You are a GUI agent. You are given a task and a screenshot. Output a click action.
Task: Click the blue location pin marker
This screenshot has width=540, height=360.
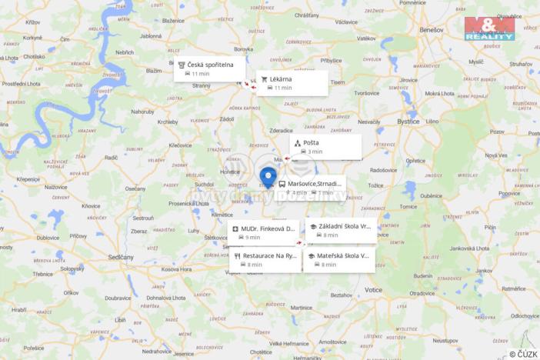click(x=268, y=176)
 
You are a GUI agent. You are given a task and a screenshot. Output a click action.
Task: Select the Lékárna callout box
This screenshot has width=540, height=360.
click(x=292, y=83)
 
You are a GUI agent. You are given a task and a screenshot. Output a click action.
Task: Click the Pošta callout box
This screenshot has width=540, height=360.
click(x=325, y=147)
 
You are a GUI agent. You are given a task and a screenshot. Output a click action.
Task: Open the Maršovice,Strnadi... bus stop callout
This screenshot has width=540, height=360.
click(x=311, y=188)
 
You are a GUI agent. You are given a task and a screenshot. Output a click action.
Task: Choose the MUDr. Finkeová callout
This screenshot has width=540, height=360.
click(x=263, y=232)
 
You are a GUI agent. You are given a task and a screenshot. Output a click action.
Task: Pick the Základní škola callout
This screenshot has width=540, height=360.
click(x=341, y=230)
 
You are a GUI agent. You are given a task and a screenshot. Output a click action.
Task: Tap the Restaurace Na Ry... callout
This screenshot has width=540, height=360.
click(x=264, y=259)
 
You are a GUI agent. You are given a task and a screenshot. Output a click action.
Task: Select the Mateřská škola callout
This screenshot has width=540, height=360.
click(x=338, y=259)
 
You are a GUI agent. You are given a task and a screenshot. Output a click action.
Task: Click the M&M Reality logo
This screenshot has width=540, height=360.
click(x=489, y=28)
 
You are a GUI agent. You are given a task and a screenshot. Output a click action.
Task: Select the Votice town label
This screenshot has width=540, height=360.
click(x=374, y=289)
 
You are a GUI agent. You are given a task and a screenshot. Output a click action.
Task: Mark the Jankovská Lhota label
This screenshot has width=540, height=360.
click(x=469, y=248)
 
